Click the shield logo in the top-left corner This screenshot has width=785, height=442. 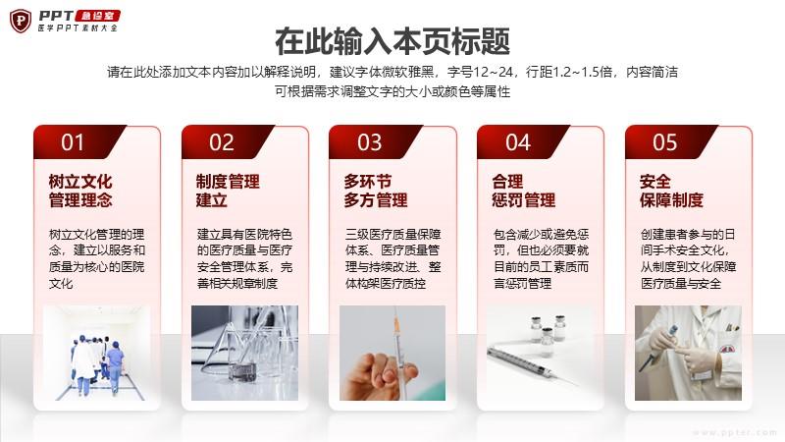coord(21,21)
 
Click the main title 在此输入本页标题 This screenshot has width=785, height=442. coord(392,41)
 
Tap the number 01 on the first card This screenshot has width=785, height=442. coord(73,142)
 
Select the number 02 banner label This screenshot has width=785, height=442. coord(222,142)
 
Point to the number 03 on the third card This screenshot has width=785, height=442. coord(370,142)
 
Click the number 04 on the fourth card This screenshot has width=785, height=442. coord(518,142)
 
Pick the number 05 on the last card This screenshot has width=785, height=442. coord(665,142)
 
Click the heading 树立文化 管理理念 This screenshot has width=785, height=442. coord(80,191)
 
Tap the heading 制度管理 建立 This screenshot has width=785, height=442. coord(228,191)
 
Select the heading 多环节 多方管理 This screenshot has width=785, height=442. coord(376,191)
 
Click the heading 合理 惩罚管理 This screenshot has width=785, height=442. coord(524,191)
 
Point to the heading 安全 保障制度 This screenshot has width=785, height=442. coord(671,191)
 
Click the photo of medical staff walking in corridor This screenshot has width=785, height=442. coord(96,353)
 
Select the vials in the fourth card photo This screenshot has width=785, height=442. coord(548,330)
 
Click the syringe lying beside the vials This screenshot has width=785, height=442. coord(531,363)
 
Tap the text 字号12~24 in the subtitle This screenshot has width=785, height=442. coord(481,72)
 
